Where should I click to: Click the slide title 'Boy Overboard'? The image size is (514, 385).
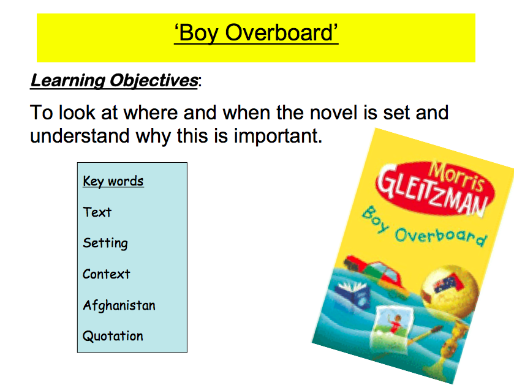pos(256,34)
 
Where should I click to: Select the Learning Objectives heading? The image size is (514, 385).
pos(114,81)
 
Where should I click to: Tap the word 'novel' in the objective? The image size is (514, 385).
pos(333,113)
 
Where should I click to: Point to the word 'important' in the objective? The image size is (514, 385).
pos(278,136)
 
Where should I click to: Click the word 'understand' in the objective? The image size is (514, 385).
pos(80,136)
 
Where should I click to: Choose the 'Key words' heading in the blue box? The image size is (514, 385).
pos(113,181)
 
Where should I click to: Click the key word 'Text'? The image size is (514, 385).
pos(97,212)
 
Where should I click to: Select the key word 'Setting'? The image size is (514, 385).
pos(105,243)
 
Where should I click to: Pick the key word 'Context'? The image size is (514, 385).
pos(106,274)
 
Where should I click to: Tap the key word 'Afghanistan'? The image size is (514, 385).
pos(119,305)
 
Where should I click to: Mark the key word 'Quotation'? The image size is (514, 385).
pos(113,336)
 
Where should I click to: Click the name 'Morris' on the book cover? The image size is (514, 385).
pos(457,177)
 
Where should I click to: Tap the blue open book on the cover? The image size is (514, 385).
pos(353,294)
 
